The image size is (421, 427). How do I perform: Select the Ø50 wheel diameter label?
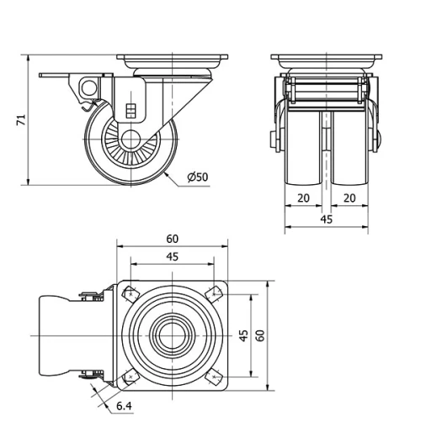point(197,177)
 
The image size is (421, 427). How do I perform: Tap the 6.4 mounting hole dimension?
point(123,407)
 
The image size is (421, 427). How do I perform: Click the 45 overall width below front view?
point(327,219)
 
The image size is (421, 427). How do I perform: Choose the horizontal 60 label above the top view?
point(172,239)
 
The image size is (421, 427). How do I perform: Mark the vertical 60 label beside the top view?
point(260,335)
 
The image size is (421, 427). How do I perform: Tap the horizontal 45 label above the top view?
point(172,256)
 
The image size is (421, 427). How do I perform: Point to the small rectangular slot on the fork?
point(131,110)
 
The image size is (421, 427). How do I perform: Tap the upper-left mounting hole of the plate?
point(131,295)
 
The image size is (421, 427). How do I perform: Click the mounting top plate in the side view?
point(173,61)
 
